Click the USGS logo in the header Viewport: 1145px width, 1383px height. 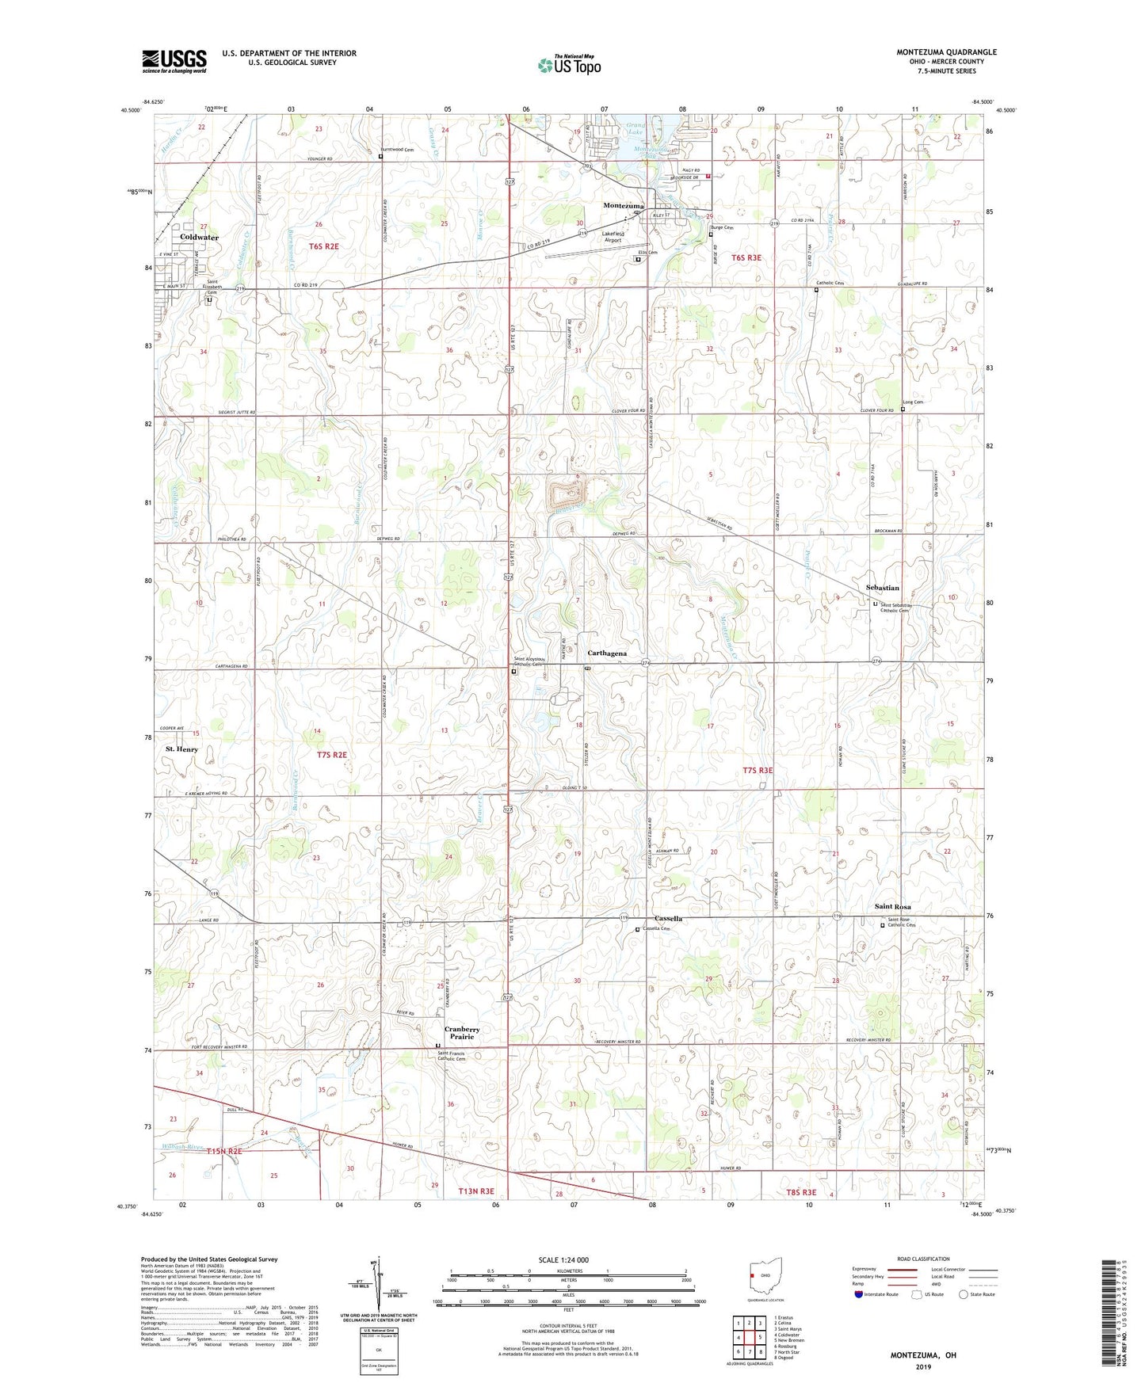(174, 61)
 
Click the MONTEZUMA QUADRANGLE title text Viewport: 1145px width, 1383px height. (946, 52)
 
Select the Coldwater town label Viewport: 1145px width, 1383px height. (199, 237)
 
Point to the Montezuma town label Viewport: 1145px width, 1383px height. (623, 205)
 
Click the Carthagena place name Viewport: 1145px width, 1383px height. (607, 653)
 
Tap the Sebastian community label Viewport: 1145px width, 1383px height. (882, 588)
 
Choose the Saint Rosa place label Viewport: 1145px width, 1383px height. (892, 906)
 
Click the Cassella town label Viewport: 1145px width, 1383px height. (668, 919)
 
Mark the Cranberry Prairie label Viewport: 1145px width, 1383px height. (462, 1032)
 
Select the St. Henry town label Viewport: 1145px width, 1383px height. (181, 749)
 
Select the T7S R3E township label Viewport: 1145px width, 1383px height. (757, 770)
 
